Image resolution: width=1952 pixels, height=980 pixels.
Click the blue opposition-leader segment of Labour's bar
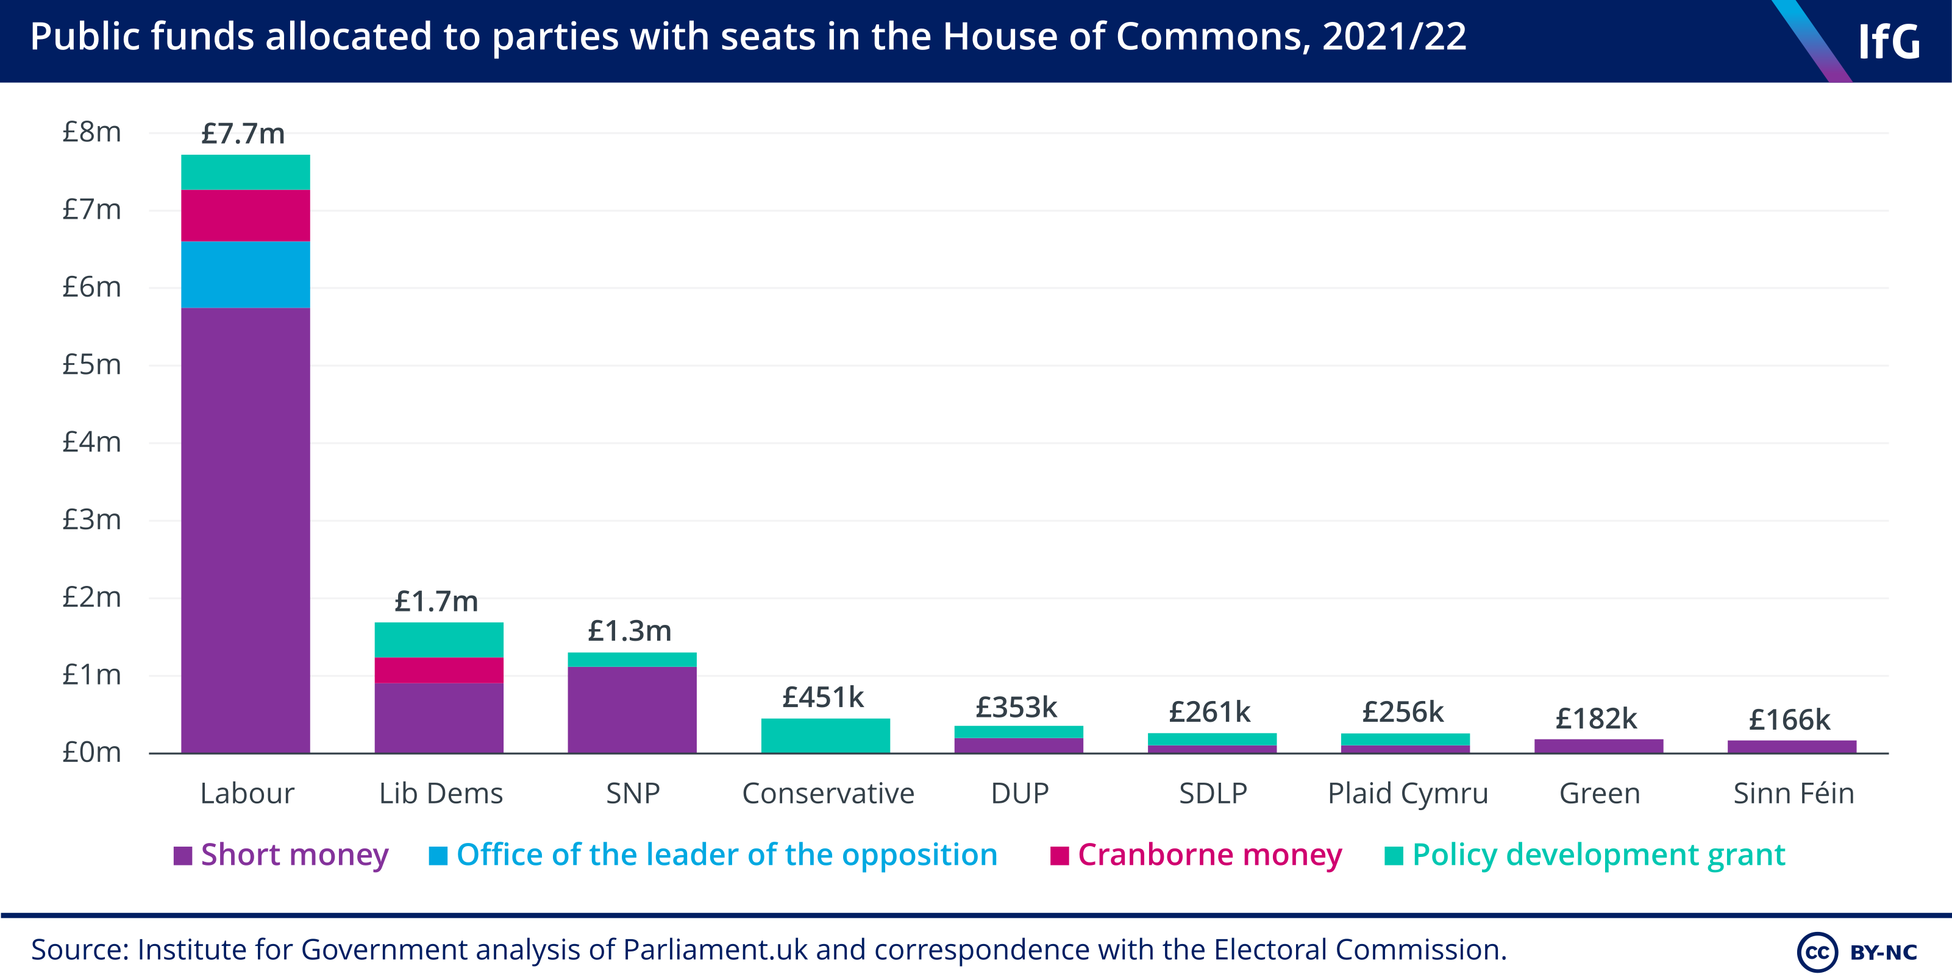pos(246,274)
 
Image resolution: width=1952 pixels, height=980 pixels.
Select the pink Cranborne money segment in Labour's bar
pos(246,215)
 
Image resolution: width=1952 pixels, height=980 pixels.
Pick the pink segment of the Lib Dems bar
pos(439,669)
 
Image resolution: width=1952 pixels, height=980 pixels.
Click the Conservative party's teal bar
pos(825,735)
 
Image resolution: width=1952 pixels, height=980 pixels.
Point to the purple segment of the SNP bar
pos(632,710)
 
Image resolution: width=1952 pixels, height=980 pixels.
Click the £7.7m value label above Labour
pos(243,134)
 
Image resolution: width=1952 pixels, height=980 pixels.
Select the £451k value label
pos(823,697)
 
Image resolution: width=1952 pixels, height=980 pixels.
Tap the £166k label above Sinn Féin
pos(1789,719)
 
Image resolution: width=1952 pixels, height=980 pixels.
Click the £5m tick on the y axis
pos(91,365)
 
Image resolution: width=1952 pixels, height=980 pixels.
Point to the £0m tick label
pos(91,752)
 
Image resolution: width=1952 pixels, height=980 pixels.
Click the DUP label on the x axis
pos(1020,794)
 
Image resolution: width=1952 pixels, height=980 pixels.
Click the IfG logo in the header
pos(1889,41)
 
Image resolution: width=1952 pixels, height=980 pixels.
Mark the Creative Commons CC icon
pos(1817,952)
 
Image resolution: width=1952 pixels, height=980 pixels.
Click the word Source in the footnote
pos(79,950)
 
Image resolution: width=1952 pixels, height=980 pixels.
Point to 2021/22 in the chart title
pos(1394,37)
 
